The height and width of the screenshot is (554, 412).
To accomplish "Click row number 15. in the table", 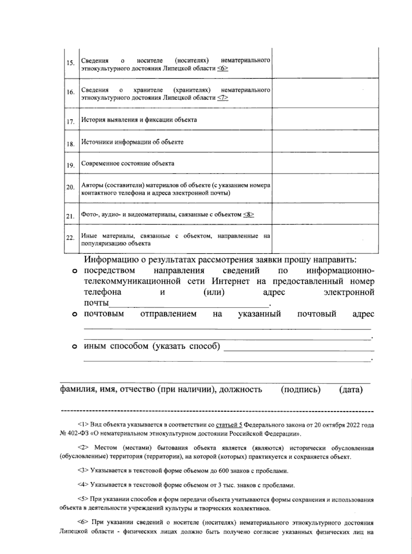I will click(x=70, y=63).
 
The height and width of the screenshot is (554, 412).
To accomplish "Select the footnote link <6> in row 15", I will click(x=223, y=68).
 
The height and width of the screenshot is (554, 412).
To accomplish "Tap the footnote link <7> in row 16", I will click(x=223, y=98).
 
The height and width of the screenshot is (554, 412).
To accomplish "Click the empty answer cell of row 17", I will click(x=325, y=119).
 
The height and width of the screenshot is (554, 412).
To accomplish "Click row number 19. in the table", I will click(x=70, y=165).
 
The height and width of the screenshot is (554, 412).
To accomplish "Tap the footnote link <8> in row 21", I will click(x=249, y=215).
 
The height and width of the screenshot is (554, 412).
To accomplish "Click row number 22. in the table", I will click(x=70, y=238).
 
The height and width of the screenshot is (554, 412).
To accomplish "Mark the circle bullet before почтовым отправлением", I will click(x=74, y=314).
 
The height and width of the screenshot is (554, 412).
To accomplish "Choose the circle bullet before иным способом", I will click(x=74, y=347).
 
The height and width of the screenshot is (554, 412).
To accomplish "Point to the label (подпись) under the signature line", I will click(x=300, y=390).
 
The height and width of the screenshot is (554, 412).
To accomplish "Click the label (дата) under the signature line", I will click(x=351, y=390).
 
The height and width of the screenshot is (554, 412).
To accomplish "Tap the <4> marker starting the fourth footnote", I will click(x=83, y=485).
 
